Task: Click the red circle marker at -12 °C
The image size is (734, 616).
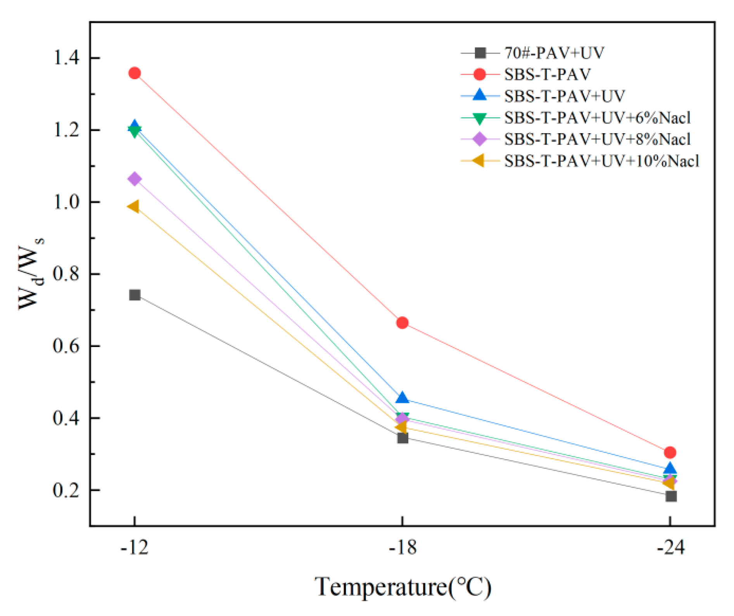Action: [x=135, y=73]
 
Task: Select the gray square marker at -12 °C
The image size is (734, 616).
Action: [x=135, y=295]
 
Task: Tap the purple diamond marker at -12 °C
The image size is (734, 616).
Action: [x=135, y=179]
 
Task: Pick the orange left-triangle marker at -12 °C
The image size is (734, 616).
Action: [x=134, y=206]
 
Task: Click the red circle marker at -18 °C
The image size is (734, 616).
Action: [x=402, y=323]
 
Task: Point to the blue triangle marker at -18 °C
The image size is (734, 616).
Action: [x=402, y=398]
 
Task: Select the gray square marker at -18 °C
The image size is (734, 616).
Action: [x=403, y=438]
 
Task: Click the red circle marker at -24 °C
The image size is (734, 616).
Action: [x=670, y=452]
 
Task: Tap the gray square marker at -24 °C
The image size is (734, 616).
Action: [x=671, y=496]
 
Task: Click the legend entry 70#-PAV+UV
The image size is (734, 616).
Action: [x=554, y=53]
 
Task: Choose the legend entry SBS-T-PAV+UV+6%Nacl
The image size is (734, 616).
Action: [x=597, y=118]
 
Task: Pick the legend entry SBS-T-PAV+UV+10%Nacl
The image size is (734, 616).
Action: [x=601, y=161]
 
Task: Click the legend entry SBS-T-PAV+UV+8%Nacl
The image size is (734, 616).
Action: [x=597, y=139]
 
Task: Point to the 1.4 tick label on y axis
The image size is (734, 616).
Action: [x=66, y=58]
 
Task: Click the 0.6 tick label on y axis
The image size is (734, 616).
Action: [x=66, y=346]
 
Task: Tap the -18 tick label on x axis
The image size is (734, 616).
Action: [x=402, y=548]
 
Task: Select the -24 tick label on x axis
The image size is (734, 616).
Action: [x=670, y=548]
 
